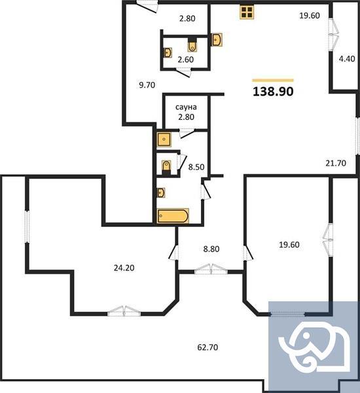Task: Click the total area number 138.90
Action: click(273, 92)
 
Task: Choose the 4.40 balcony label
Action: click(346, 58)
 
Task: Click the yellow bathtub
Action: click(173, 216)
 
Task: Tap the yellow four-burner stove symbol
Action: click(247, 12)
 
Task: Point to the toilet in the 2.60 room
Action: click(192, 45)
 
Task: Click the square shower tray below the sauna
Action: click(163, 140)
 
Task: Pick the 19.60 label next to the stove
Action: click(309, 16)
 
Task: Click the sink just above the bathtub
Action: click(161, 193)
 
